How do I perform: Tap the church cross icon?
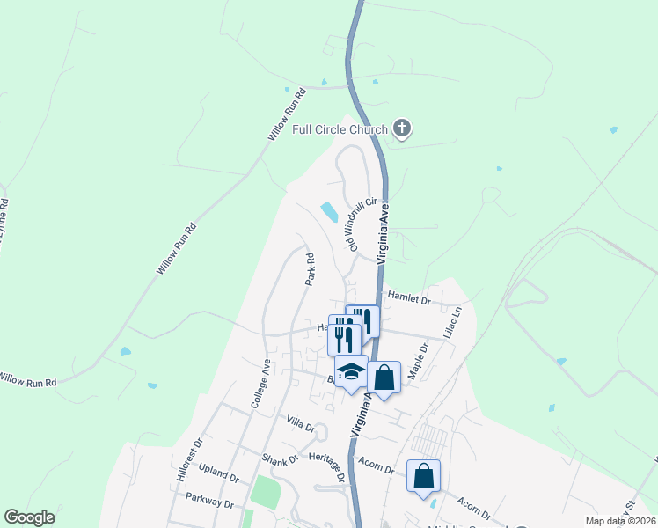(x=402, y=129)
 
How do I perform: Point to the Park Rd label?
(x=310, y=269)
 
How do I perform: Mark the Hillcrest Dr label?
(x=188, y=454)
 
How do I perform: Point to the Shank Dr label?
(x=280, y=458)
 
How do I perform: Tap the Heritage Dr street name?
(x=328, y=466)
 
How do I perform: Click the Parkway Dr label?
(x=209, y=500)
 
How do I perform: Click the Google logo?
(x=30, y=517)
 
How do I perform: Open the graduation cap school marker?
(x=351, y=372)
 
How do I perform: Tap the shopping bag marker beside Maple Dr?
(x=384, y=378)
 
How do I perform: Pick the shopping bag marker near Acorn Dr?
(x=423, y=476)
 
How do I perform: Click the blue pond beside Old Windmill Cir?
(x=329, y=212)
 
